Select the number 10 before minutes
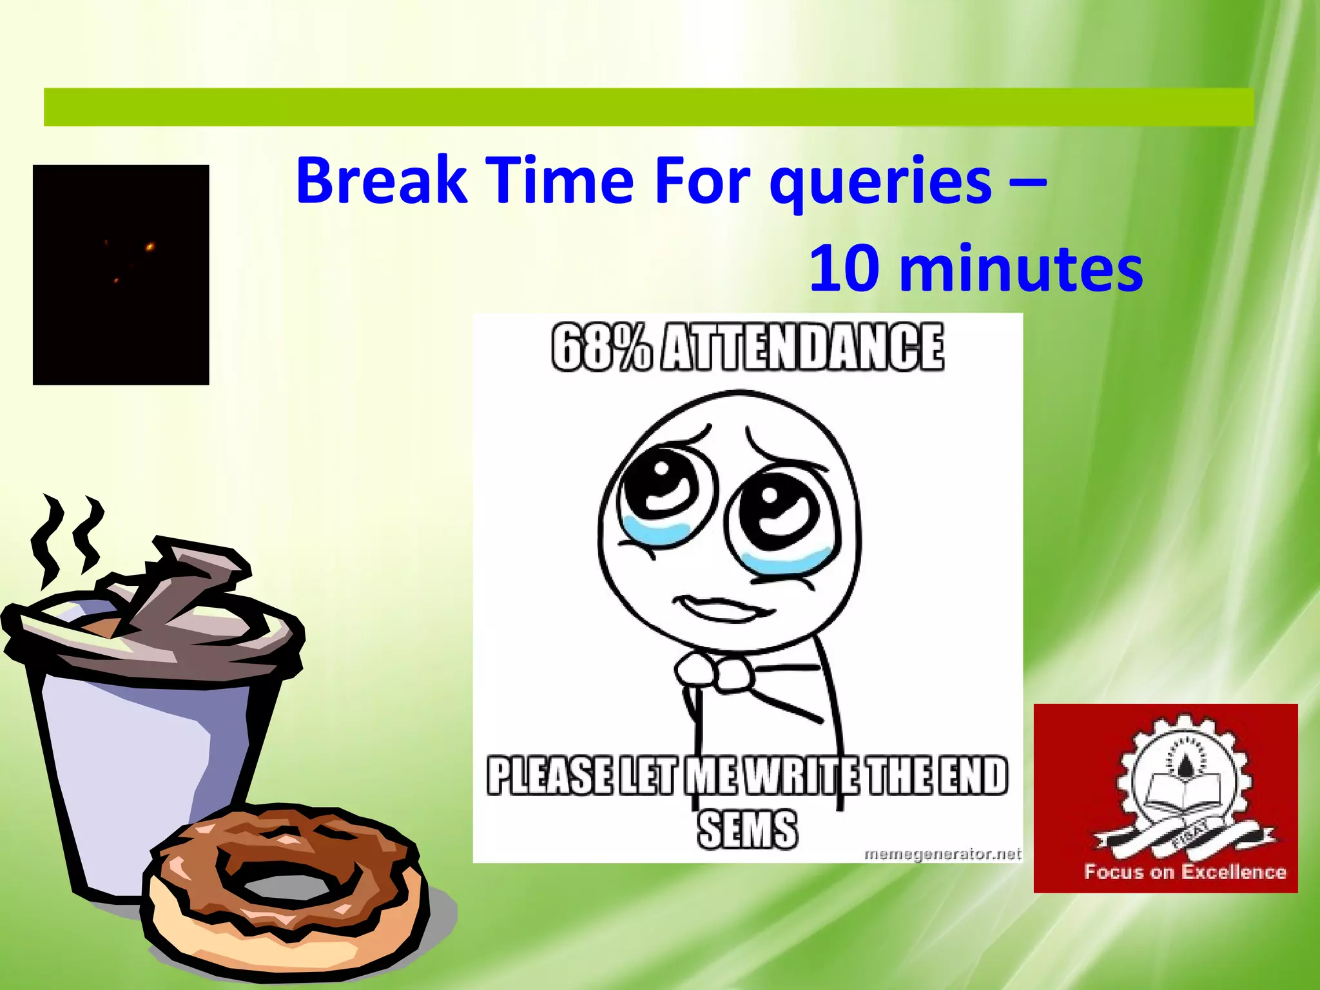844,268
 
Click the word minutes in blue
1021,268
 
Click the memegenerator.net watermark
942,854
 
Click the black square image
121,275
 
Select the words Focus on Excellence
1185,872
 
